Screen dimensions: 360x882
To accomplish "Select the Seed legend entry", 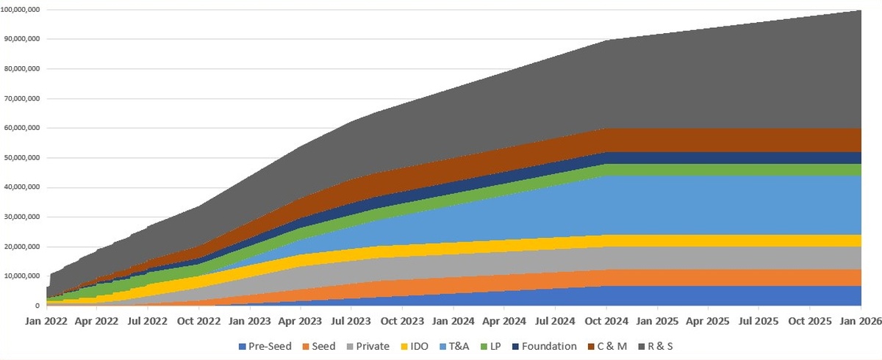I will click(319, 346).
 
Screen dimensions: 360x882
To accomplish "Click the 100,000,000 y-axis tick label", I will click(20, 10).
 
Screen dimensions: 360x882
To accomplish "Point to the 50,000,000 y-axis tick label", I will click(21, 158).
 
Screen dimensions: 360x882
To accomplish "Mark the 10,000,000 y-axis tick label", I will click(21, 276).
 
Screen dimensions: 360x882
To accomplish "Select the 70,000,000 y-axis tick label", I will click(21, 98).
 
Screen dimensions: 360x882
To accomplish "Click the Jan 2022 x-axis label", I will click(46, 321).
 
